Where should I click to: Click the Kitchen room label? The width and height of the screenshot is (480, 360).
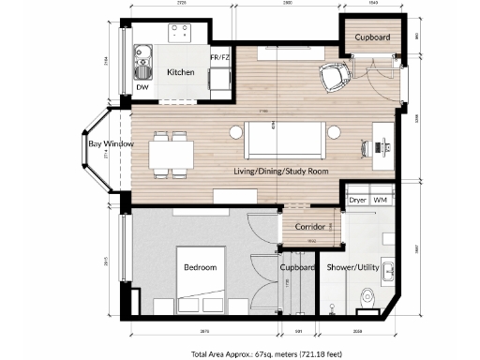point(180,72)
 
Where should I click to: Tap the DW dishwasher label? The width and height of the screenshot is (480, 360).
point(142,87)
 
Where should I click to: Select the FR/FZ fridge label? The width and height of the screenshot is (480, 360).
point(219,58)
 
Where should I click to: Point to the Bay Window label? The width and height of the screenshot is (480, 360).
point(112,144)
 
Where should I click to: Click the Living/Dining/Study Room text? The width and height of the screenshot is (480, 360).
point(281,172)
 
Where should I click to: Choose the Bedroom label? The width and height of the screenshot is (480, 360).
point(200,267)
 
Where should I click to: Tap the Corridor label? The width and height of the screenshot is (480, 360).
point(309,227)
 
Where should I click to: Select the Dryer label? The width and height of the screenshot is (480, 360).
point(358,200)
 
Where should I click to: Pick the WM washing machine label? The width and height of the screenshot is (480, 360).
point(381,200)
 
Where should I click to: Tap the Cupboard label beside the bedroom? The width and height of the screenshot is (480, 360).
point(296,267)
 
